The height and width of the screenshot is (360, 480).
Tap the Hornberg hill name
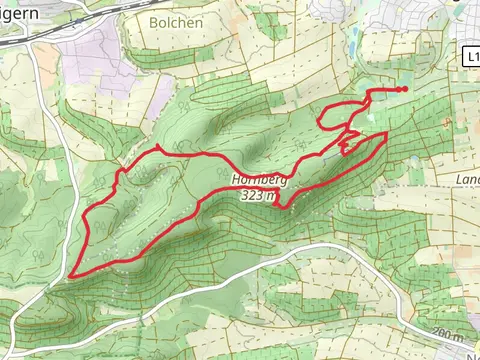(259, 181)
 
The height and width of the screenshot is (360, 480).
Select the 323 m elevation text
(257, 197)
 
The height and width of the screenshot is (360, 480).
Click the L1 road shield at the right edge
(472, 59)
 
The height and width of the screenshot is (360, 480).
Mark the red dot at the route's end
(403, 89)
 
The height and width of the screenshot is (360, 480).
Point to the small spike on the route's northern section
(157, 148)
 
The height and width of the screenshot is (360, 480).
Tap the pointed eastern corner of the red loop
(386, 133)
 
